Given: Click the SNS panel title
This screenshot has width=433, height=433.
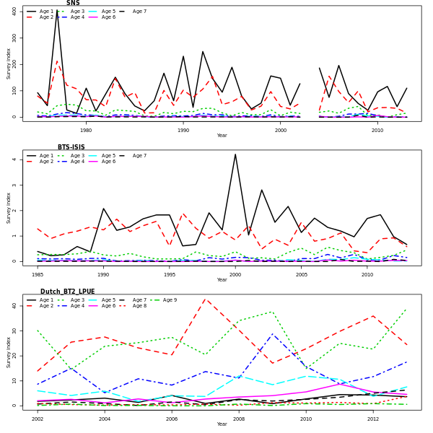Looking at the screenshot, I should pos(73,3).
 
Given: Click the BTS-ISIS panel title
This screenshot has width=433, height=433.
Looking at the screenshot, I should pos(71,147).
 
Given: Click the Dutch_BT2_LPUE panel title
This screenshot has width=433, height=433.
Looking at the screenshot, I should pos(67,292).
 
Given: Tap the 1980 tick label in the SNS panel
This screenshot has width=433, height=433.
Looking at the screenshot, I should pos(86,130).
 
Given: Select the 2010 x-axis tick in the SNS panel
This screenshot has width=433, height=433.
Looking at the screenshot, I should pos(377,130).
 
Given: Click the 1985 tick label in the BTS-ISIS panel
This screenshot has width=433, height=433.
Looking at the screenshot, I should pos(38,274).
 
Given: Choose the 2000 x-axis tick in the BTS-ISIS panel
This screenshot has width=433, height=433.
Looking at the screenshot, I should pos(235,274).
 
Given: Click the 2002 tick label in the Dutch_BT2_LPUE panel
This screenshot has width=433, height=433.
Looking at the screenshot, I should pos(38,419).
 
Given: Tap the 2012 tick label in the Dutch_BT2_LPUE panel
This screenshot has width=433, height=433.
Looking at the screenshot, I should pos(372,419).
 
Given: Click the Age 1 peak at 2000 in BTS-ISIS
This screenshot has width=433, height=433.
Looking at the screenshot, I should pos(235,154).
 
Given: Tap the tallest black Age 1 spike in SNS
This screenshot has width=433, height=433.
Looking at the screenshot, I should pos(57,10).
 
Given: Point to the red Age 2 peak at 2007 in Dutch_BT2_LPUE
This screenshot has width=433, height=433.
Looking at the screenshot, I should pos(206,298).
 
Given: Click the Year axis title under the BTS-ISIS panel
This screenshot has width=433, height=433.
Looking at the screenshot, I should pos(222,280).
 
